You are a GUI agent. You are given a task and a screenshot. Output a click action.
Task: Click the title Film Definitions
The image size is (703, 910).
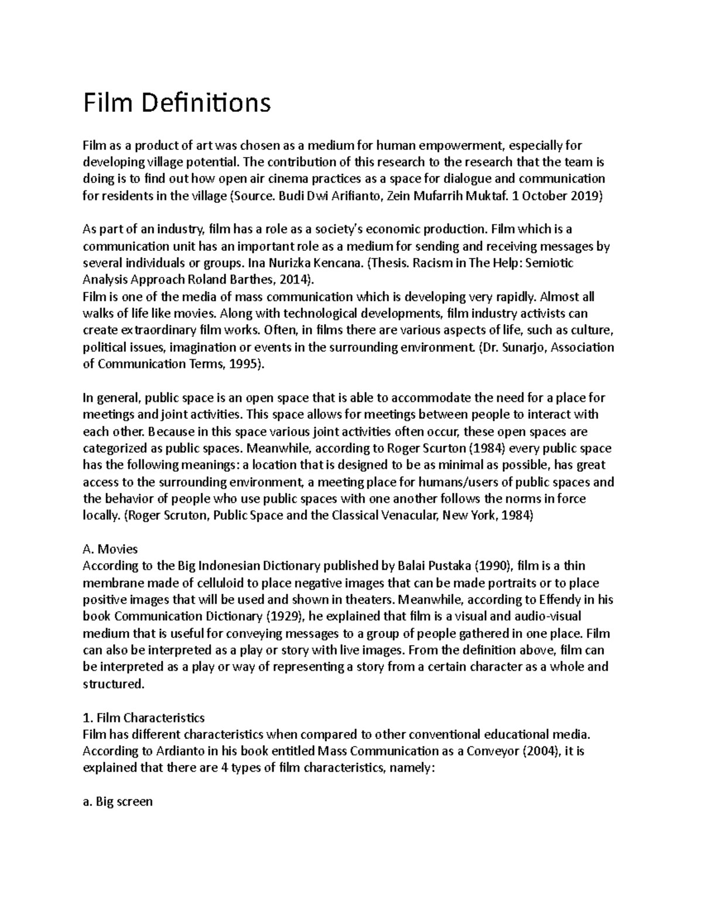tap(177, 103)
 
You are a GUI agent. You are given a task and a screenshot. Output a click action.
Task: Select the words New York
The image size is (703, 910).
tap(466, 516)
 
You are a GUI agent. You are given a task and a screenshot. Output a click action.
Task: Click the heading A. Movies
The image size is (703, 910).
tap(110, 549)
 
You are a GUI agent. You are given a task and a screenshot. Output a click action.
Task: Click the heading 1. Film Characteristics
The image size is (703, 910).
tap(144, 718)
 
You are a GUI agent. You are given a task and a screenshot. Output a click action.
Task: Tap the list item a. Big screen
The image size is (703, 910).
tap(118, 802)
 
